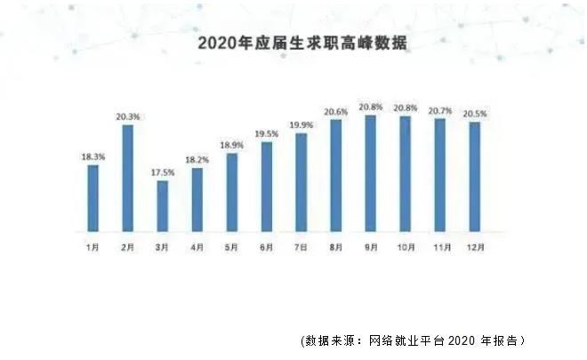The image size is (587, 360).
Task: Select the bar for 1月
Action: tap(93, 197)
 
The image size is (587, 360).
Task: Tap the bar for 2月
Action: tap(128, 178)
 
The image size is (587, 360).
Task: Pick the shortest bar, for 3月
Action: tap(163, 205)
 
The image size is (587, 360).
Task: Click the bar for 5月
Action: tap(232, 191)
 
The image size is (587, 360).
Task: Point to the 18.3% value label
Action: tap(93, 157)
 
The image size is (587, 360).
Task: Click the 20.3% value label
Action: tap(128, 116)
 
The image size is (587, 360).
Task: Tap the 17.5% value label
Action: tap(163, 172)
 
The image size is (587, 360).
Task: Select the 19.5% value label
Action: tap(267, 133)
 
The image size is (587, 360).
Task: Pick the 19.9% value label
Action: tap(302, 125)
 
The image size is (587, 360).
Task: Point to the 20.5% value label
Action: tap(475, 114)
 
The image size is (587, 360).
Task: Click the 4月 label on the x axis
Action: tap(197, 247)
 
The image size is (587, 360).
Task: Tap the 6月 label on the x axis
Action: tap(267, 247)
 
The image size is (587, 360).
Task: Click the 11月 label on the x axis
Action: tap(440, 247)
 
